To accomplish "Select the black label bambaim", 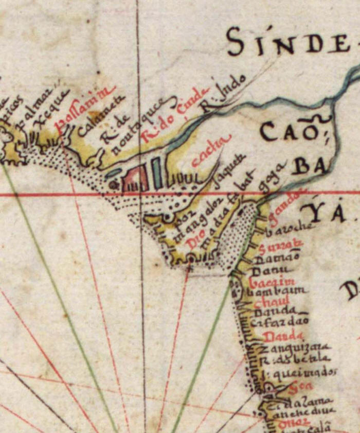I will tap(278, 292).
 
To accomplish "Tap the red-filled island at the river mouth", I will tap(135, 178).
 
